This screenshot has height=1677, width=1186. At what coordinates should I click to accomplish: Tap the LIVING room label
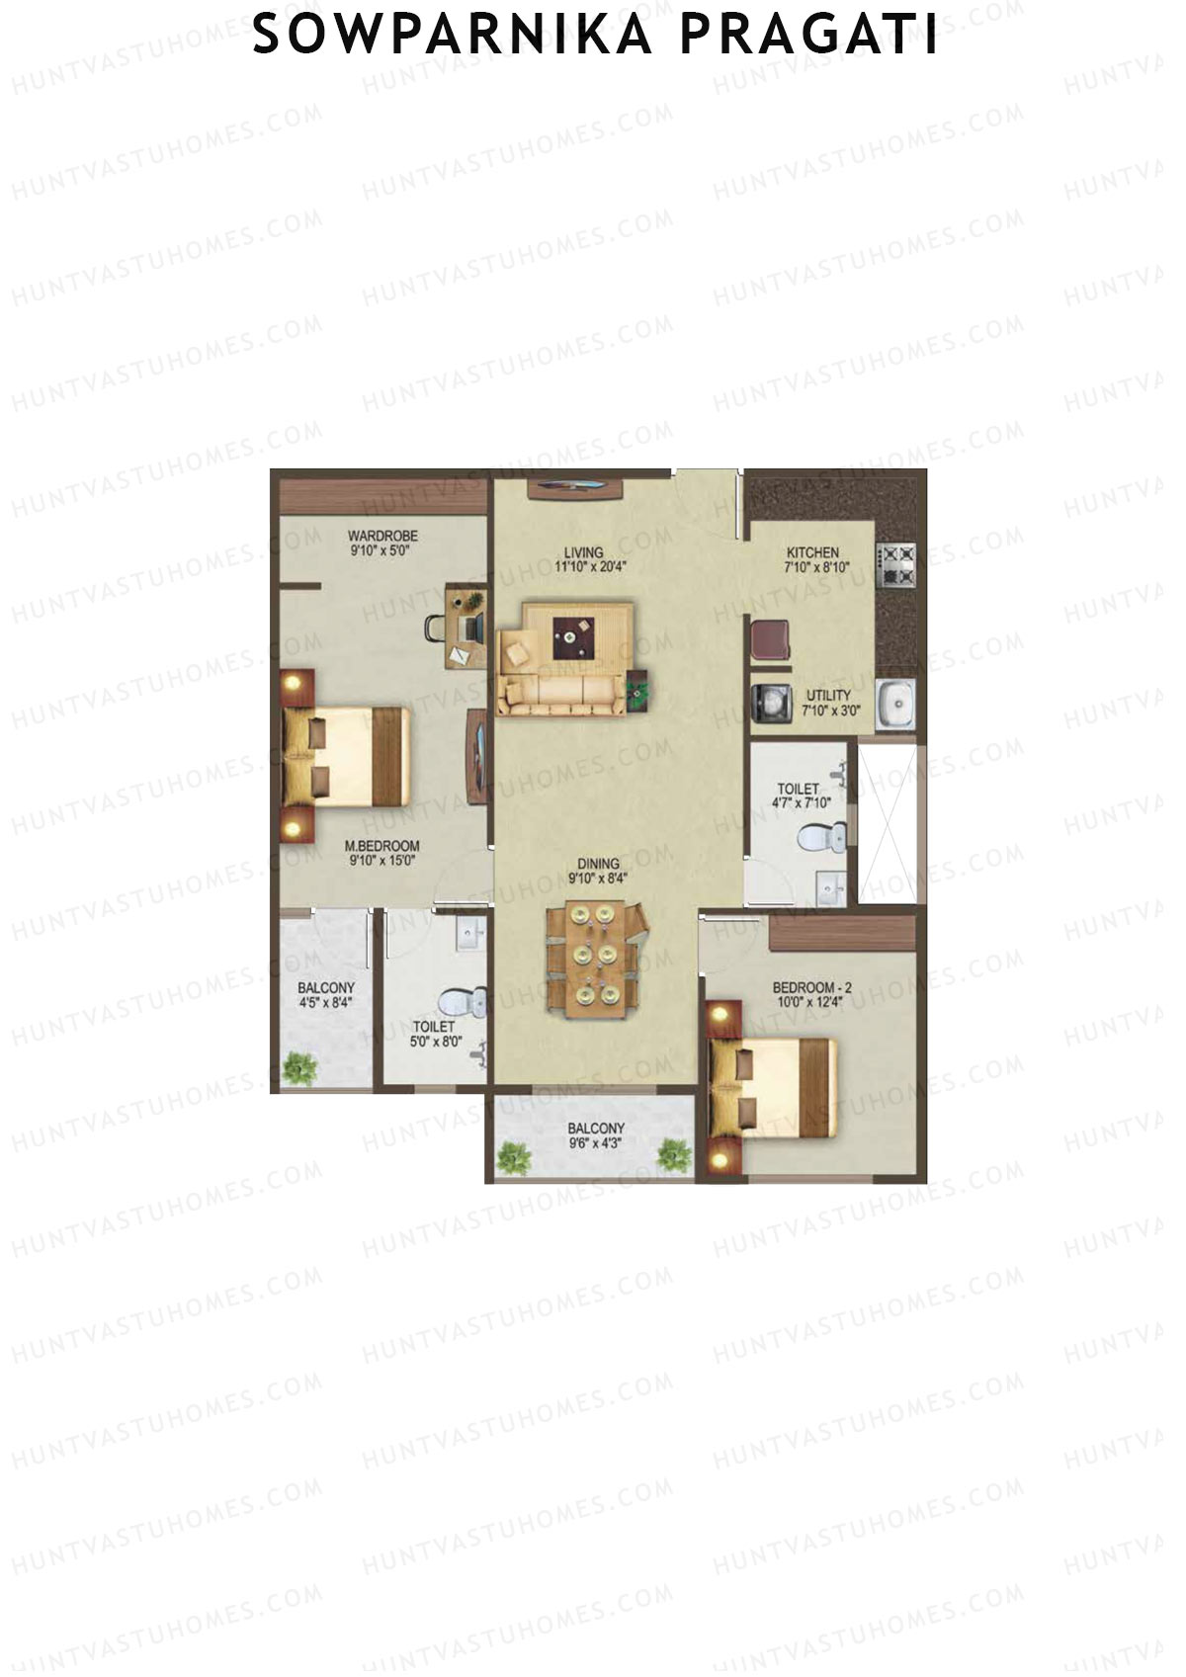pos(583,553)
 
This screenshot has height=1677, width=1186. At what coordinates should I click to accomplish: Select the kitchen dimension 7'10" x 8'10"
pos(817,568)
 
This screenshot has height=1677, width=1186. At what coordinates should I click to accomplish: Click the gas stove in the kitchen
pos(898,565)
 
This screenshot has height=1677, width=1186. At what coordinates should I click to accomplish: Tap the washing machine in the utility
pos(770,703)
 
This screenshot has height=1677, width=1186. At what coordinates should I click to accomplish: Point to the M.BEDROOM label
pos(382,846)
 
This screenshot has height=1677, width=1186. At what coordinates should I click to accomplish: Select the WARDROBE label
pos(382,537)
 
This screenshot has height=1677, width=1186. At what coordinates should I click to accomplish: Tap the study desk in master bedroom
pos(466,626)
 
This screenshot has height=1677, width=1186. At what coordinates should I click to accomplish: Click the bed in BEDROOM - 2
pos(773,1085)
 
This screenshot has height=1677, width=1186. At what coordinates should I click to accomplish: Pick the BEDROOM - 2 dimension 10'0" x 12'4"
pos(811,1002)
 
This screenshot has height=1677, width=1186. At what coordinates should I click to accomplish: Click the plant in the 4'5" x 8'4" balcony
pos(299,1067)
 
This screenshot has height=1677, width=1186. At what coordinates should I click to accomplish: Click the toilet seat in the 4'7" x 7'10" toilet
pos(821,839)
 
